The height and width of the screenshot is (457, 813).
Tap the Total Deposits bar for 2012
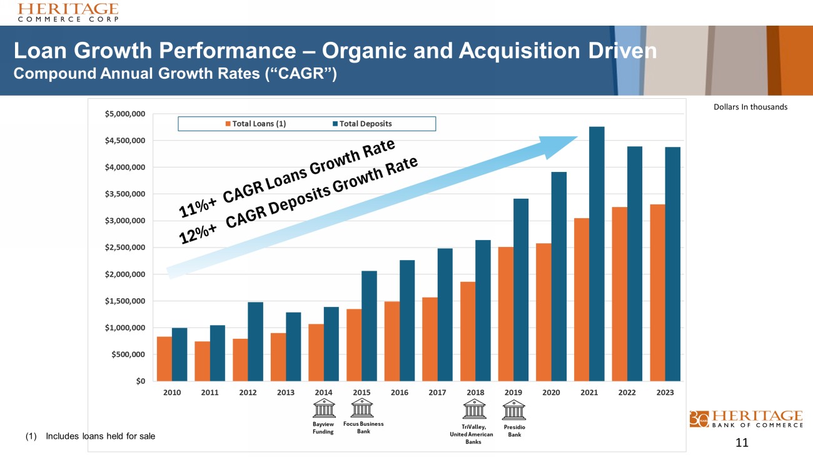(x=255, y=341)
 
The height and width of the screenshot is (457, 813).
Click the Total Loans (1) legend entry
(x=256, y=123)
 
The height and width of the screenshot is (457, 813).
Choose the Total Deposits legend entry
(x=365, y=123)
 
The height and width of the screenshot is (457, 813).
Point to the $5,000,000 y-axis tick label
(x=126, y=114)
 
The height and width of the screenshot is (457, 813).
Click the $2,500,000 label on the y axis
(x=126, y=248)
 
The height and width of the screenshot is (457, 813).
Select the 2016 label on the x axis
(x=400, y=393)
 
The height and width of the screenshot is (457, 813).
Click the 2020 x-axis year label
(x=551, y=393)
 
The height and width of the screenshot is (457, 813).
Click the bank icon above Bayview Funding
(x=324, y=409)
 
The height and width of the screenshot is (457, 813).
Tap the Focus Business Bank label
(x=363, y=428)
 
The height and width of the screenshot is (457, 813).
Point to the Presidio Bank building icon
(x=514, y=410)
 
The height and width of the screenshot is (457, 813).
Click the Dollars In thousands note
(x=750, y=107)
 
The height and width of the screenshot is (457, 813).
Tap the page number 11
(x=742, y=443)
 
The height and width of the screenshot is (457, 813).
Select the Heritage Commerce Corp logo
(x=68, y=12)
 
